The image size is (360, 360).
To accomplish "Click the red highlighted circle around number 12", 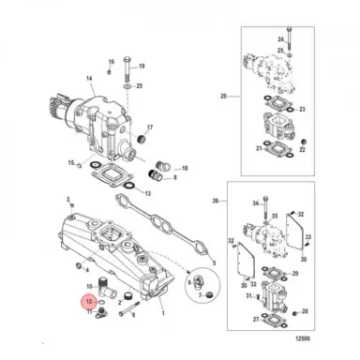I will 87,302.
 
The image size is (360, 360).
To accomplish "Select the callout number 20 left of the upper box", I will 223,97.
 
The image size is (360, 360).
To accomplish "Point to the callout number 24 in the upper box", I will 279,39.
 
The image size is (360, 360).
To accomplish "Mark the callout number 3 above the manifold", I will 68,200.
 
